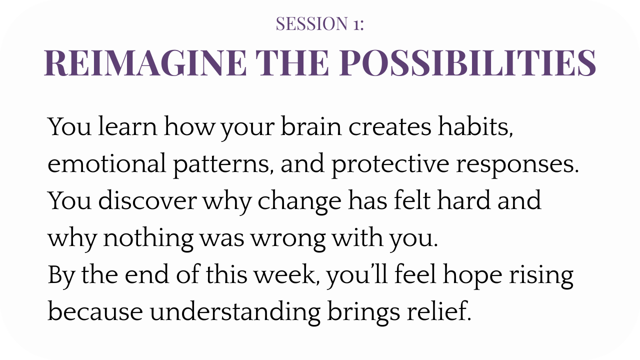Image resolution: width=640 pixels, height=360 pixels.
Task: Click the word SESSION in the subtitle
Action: [x=311, y=23]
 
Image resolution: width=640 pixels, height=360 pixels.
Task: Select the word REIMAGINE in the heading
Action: [x=145, y=63]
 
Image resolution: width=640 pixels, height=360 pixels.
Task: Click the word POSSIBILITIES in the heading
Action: [x=467, y=63]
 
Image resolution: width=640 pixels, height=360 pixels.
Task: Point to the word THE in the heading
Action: [x=292, y=63]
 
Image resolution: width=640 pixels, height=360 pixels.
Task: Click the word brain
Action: [x=311, y=126]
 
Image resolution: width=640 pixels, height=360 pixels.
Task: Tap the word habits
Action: [x=475, y=126]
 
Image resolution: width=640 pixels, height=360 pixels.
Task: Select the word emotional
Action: [x=106, y=163]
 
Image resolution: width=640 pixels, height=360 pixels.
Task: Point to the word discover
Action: [x=147, y=200]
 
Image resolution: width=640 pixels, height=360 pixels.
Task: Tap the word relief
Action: [x=439, y=311]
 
